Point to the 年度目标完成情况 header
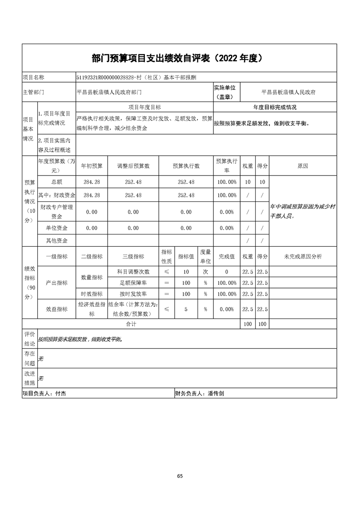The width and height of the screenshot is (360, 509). pyautogui.click(x=275, y=108)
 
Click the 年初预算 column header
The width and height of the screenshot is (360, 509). pyautogui.click(x=92, y=166)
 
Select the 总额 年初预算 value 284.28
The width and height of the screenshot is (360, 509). pyautogui.click(x=92, y=182)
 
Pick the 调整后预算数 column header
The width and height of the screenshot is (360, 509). pyautogui.click(x=133, y=166)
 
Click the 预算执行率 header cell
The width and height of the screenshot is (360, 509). pyautogui.click(x=227, y=166)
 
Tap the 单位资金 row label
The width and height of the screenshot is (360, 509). pyautogui.click(x=57, y=228)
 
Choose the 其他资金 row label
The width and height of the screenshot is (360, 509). pyautogui.click(x=57, y=240)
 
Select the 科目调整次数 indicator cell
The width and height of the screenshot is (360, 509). pyautogui.click(x=133, y=272)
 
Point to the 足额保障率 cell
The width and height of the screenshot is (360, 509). pyautogui.click(x=133, y=283)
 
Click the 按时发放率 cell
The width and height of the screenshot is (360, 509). pyautogui.click(x=133, y=294)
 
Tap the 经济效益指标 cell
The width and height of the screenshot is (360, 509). pyautogui.click(x=92, y=309)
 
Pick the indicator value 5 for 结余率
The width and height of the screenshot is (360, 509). pyautogui.click(x=186, y=309)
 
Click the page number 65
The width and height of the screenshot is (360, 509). pyautogui.click(x=180, y=476)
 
